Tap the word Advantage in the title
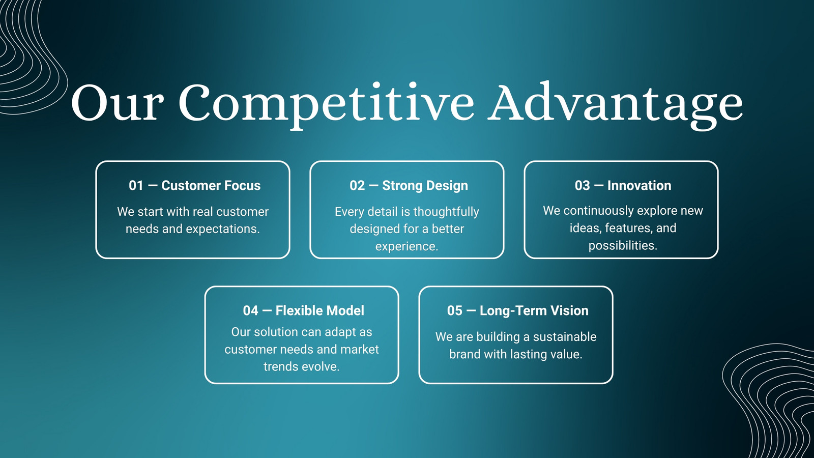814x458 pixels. tap(615, 105)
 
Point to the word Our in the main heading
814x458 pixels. tap(115, 103)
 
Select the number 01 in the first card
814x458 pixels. tap(136, 185)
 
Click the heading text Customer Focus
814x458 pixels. tap(211, 185)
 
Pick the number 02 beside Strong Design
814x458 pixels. tap(357, 185)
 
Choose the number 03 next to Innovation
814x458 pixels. tap(583, 185)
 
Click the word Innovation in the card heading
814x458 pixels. tap(639, 185)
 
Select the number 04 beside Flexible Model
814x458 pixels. tap(251, 310)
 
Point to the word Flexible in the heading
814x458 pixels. tap(299, 310)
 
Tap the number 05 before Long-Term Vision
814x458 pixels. tap(455, 310)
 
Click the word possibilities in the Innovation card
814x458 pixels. tap(623, 246)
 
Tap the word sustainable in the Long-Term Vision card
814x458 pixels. tap(565, 336)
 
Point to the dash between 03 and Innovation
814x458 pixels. tap(598, 186)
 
